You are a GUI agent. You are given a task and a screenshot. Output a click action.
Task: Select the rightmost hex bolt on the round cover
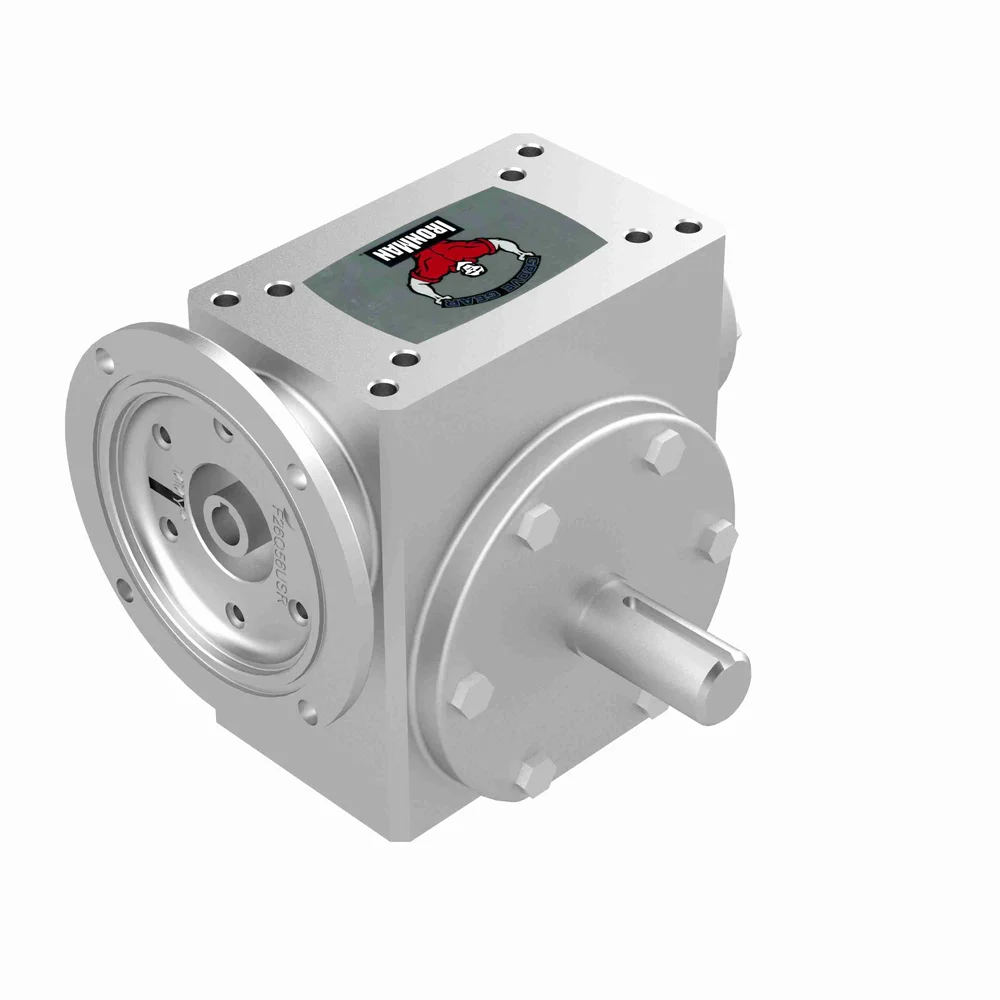pos(717,541)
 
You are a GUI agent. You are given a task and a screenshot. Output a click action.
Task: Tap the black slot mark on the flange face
pos(162,493)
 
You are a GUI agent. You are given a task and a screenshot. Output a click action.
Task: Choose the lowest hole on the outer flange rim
pos(310,714)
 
